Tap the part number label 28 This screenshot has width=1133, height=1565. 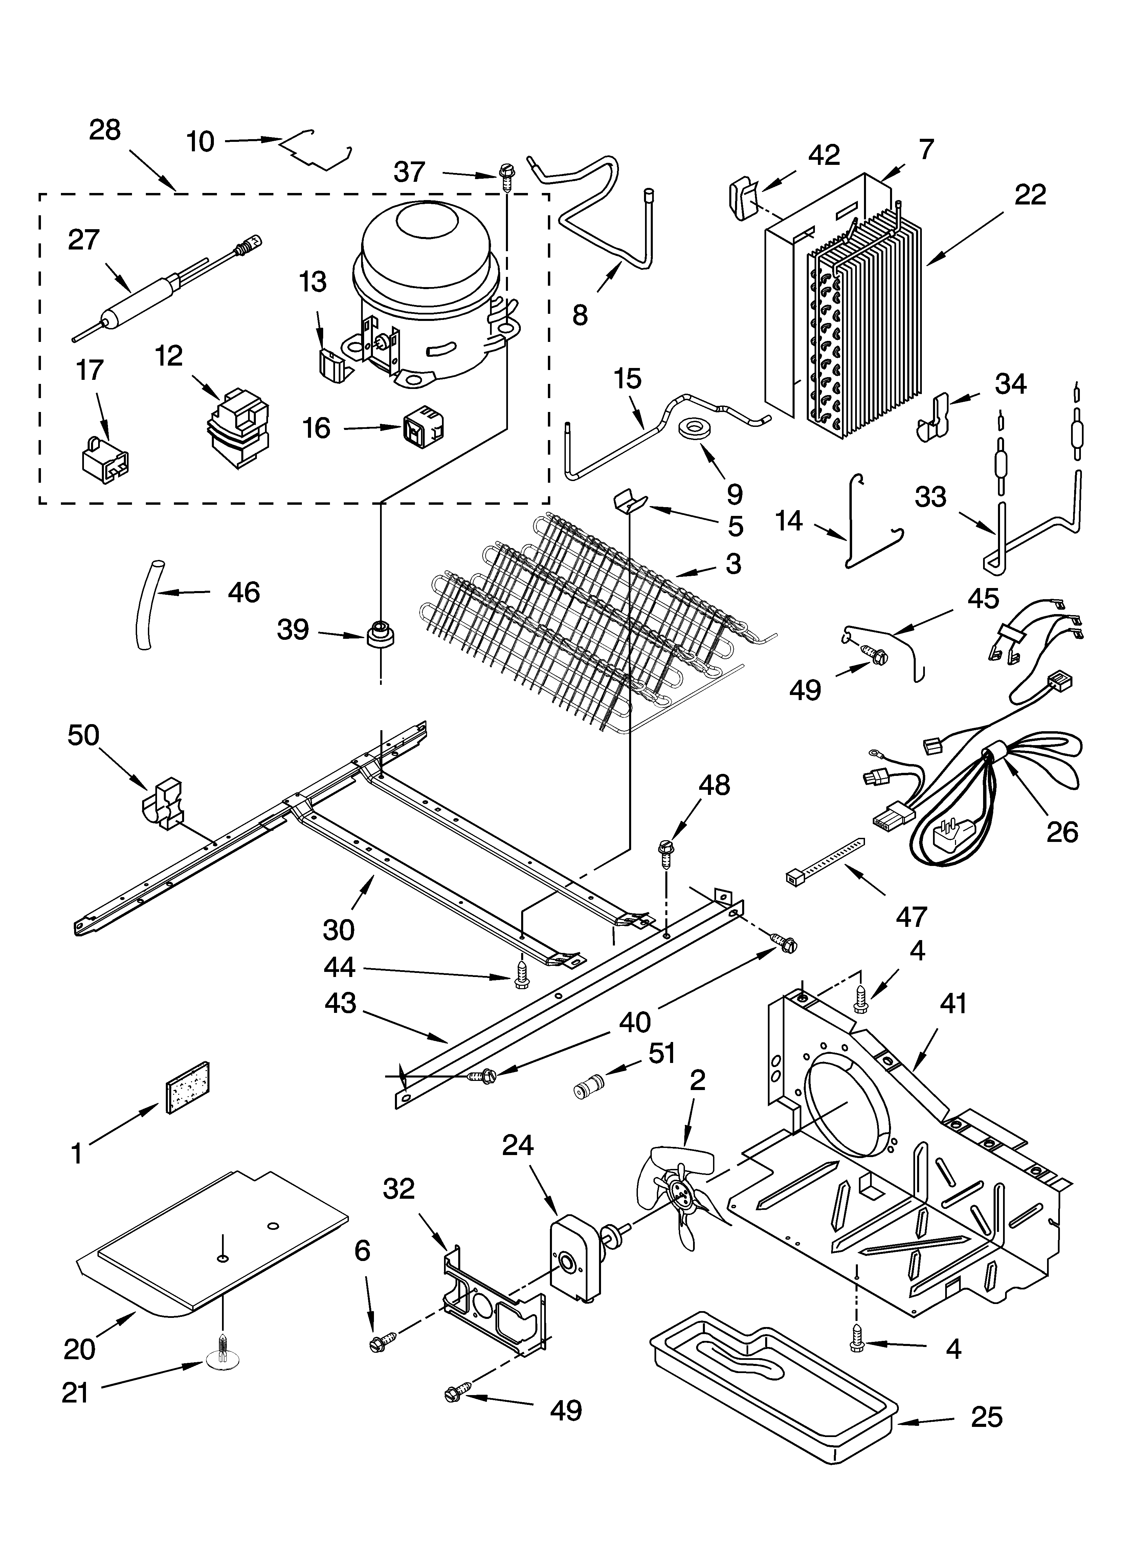pos(105,130)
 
